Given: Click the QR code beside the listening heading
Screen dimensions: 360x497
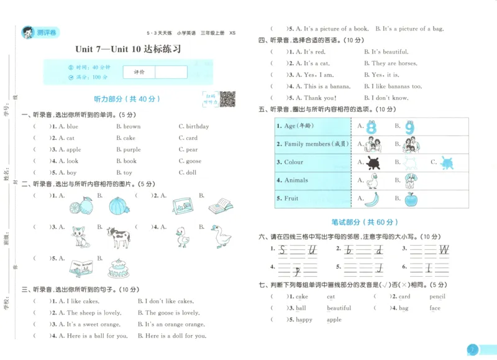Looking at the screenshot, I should (x=227, y=98).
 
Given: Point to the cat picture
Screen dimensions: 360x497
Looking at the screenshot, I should (x=79, y=236).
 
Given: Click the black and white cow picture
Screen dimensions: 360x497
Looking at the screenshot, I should (x=118, y=236).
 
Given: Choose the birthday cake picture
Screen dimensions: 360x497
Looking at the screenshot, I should (x=118, y=268).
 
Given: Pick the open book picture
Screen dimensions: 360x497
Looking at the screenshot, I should (x=221, y=205).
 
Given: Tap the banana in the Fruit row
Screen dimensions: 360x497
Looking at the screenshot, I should (x=372, y=199).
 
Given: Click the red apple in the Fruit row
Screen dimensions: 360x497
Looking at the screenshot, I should (x=411, y=199).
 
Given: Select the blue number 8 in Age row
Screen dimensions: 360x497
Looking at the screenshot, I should (x=372, y=127).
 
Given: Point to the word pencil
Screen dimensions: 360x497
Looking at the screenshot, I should (x=437, y=297).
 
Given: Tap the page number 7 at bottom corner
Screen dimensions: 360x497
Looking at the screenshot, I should (x=473, y=350).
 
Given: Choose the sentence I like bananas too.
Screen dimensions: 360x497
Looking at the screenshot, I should (x=396, y=86).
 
